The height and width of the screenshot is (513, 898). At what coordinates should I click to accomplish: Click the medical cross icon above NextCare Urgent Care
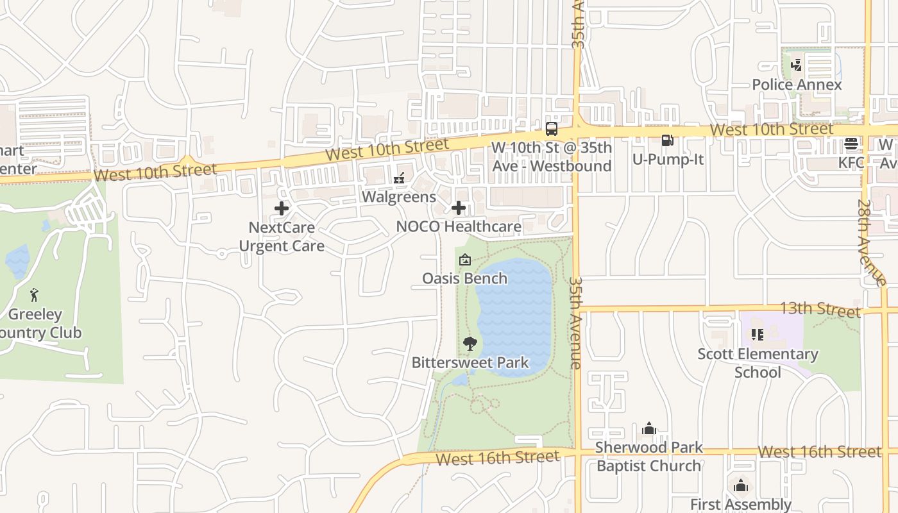(282, 208)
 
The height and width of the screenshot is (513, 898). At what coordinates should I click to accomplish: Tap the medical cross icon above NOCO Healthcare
(459, 208)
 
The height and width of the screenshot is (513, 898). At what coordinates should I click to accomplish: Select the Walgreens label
(398, 196)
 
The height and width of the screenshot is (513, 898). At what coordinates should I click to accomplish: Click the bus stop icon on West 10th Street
(551, 128)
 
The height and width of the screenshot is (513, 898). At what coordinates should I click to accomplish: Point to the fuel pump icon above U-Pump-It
(668, 140)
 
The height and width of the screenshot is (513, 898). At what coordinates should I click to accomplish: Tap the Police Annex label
(797, 85)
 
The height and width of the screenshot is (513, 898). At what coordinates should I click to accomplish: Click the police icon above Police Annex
(796, 65)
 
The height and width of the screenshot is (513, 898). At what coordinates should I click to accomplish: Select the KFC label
(851, 163)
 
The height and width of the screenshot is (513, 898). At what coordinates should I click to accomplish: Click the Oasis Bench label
(464, 278)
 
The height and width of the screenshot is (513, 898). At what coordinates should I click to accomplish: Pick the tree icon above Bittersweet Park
(470, 344)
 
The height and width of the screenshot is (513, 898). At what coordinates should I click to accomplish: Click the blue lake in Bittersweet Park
(516, 308)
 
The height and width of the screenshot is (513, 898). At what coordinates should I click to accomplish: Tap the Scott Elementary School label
(758, 363)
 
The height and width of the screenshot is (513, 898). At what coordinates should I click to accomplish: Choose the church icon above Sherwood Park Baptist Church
(649, 428)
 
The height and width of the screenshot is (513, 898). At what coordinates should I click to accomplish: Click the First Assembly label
(741, 505)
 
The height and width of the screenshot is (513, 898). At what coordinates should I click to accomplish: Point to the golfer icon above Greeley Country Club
(35, 295)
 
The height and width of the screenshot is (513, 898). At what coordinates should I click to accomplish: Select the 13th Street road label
(819, 309)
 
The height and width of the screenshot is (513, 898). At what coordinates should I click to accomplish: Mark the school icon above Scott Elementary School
(758, 335)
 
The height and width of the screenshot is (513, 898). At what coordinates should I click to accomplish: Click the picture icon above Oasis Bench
(464, 260)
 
